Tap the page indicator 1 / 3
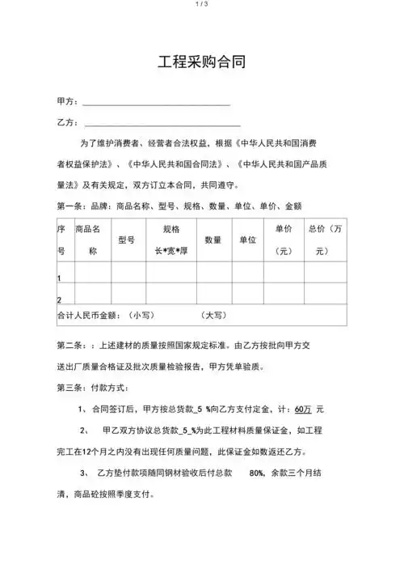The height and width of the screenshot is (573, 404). tap(202, 5)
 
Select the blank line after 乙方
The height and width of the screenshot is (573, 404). tap(162, 125)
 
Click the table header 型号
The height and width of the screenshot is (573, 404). tap(126, 240)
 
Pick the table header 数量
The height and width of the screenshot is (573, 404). tap(213, 240)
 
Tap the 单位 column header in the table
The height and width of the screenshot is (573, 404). tap(247, 240)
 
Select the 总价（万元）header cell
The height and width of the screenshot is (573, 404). tap(325, 240)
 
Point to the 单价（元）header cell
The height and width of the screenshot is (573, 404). tap(284, 240)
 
